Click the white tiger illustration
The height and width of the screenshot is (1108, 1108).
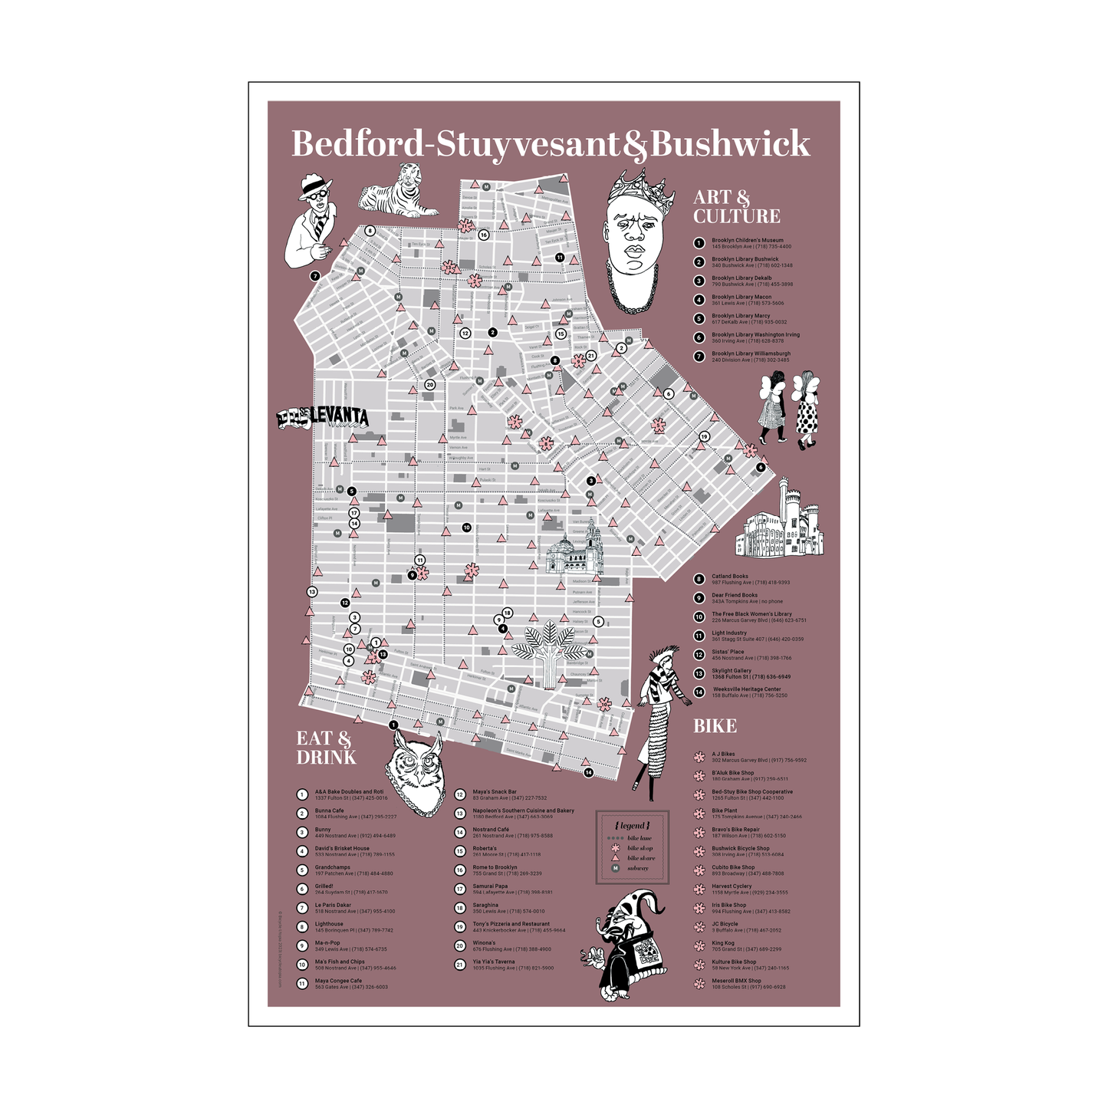point(399,192)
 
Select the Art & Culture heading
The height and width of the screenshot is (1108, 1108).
point(736,207)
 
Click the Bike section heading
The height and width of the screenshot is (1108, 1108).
point(715,726)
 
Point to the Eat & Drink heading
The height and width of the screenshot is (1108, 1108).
point(326,748)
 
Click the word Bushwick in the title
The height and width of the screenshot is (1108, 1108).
point(730,144)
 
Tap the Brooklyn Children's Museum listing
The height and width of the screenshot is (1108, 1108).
point(747,243)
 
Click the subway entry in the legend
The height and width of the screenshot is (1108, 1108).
point(637,868)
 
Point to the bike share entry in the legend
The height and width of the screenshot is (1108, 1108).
point(640,858)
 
